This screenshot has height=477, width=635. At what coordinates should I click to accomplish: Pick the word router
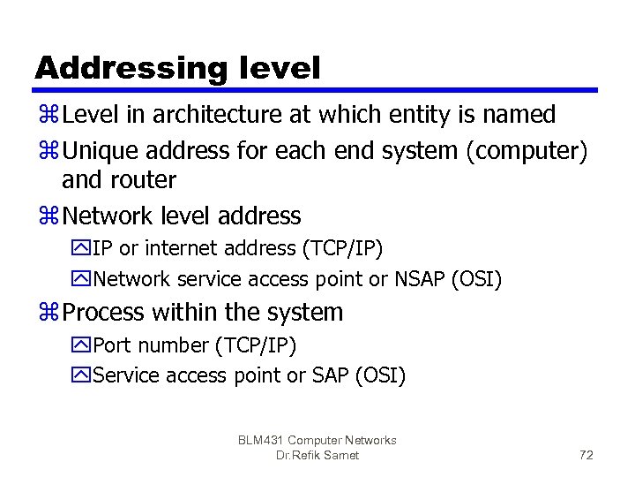(x=143, y=180)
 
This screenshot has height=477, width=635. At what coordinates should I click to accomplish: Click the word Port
(x=112, y=344)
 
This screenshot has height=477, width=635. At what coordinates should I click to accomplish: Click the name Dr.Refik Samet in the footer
(x=317, y=456)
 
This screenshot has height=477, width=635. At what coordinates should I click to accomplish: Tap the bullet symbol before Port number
(x=83, y=344)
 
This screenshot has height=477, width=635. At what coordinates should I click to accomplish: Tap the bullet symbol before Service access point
(x=83, y=375)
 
